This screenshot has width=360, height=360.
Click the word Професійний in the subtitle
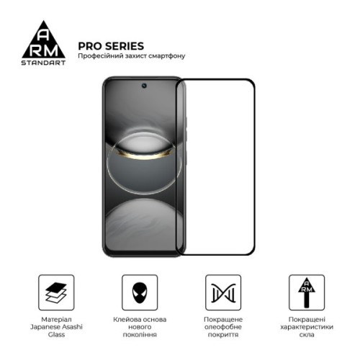(101, 57)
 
